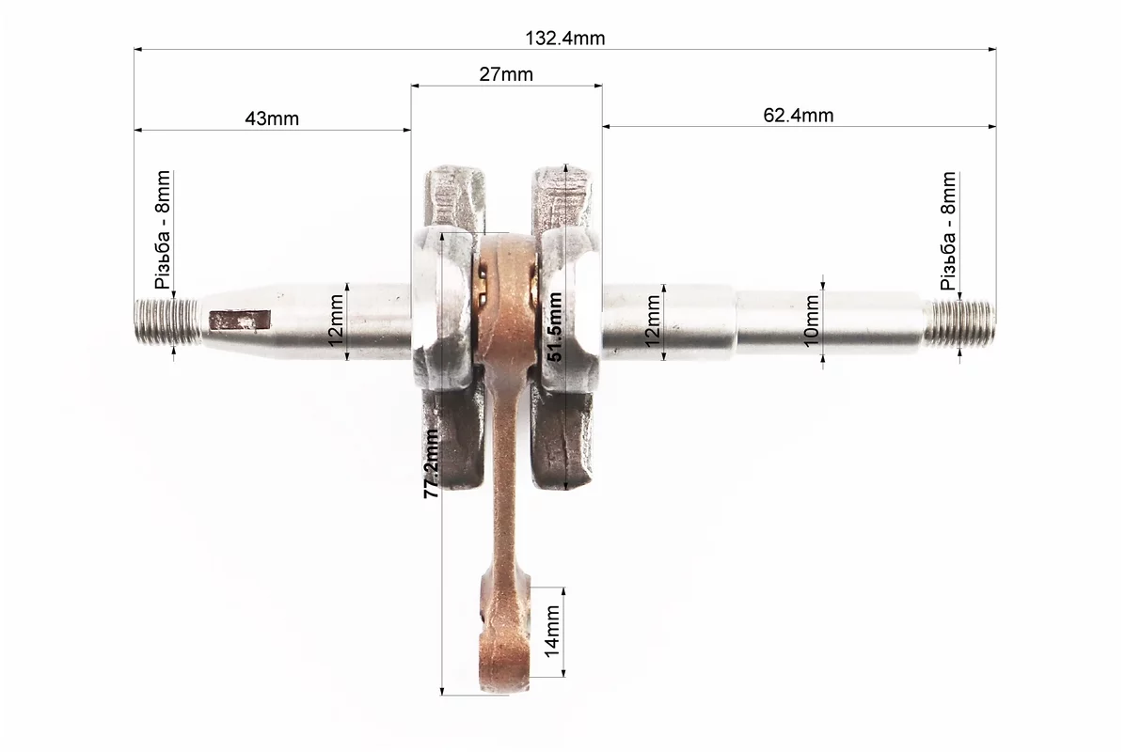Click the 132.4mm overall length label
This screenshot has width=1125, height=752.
(x=564, y=38)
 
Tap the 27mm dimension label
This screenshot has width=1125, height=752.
(x=506, y=74)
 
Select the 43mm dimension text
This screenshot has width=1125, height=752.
(x=272, y=118)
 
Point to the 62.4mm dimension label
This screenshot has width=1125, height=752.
(x=798, y=115)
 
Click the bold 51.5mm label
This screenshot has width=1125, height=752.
(x=554, y=327)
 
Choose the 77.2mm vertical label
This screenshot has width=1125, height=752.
(x=431, y=463)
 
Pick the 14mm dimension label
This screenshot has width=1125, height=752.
(x=552, y=631)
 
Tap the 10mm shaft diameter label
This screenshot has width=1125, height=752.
(x=811, y=321)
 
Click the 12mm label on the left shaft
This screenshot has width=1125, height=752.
(x=336, y=321)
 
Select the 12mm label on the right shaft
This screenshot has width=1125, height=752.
(x=652, y=321)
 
